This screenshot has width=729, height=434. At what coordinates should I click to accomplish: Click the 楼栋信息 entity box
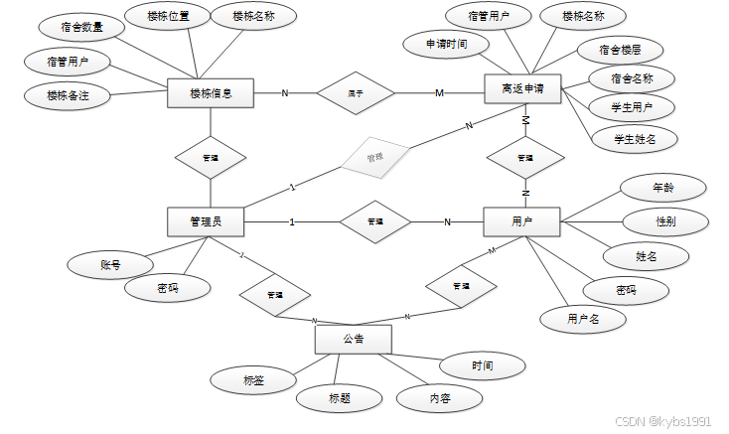211,93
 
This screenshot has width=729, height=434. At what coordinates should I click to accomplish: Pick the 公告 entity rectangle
353,340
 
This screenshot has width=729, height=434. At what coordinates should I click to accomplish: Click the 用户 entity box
521,221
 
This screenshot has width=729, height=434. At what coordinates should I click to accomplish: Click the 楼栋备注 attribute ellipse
69,96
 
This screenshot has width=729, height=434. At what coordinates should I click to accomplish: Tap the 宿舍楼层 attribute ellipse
620,48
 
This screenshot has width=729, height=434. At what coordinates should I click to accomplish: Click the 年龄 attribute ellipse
662,187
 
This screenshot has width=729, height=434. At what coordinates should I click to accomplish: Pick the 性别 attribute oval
665,221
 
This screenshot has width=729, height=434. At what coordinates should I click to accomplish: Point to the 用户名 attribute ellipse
583,319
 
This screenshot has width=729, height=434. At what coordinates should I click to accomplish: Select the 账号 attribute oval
110,265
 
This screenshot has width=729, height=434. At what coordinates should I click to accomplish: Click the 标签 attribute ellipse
253,380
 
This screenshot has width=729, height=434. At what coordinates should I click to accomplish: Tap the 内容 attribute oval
439,398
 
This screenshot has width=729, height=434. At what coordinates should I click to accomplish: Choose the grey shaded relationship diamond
374,158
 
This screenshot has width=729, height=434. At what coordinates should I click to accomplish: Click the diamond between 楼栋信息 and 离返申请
356,93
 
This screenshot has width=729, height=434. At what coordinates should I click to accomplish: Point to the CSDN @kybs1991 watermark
662,421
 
